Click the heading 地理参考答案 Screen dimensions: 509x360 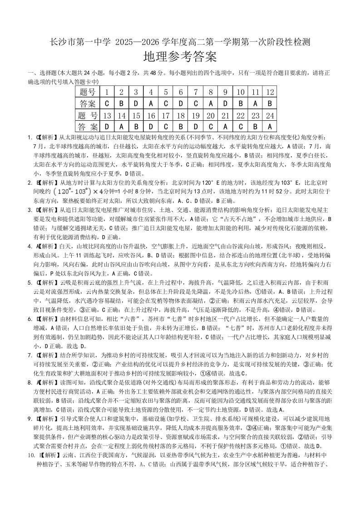click(x=180, y=57)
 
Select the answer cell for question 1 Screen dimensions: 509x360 click(x=107, y=103)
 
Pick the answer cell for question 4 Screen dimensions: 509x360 click(x=151, y=103)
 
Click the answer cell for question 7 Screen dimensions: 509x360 click(x=196, y=103)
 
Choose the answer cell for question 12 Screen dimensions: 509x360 click(x=270, y=103)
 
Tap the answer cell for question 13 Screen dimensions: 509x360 click(x=107, y=126)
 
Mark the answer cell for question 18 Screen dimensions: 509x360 click(x=181, y=126)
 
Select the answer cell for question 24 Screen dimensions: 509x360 click(x=270, y=126)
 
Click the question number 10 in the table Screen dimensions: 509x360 click(x=240, y=92)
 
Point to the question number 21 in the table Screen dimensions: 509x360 click(x=225, y=115)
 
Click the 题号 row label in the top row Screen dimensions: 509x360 click(x=88, y=92)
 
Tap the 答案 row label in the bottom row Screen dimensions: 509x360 click(x=88, y=126)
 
